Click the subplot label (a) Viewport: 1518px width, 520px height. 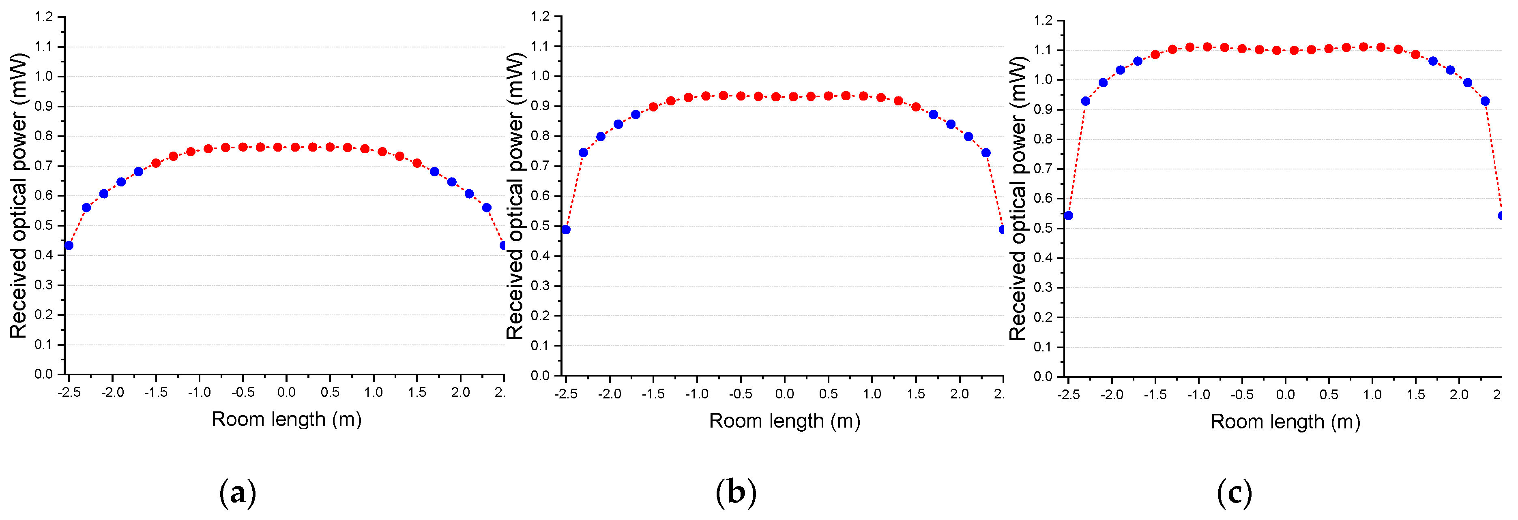click(238, 492)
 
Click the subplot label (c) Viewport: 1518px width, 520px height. click(1234, 492)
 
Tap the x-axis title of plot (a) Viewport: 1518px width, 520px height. click(286, 419)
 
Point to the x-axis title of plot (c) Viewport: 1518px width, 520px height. click(1285, 422)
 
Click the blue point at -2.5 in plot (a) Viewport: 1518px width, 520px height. click(69, 246)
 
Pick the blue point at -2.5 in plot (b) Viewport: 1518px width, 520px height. click(566, 230)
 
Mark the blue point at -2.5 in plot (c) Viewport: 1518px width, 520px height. click(1068, 216)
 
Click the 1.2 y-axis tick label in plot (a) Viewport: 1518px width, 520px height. click(44, 17)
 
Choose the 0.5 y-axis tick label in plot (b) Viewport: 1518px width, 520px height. click(540, 226)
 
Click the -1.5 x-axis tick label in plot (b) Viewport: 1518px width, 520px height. click(653, 394)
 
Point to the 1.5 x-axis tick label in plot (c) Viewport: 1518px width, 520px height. click(1415, 395)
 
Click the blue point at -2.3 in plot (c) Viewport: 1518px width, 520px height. click(1085, 101)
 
